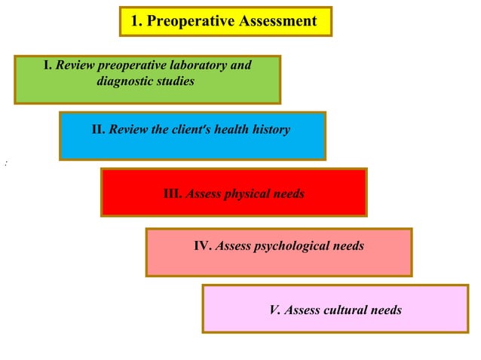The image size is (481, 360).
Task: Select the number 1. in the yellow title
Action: (136, 21)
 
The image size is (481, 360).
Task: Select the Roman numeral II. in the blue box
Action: (99, 130)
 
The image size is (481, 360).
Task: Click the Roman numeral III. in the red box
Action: (173, 194)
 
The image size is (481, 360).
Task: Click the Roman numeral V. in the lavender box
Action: (274, 310)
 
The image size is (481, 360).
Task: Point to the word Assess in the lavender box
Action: (302, 310)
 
